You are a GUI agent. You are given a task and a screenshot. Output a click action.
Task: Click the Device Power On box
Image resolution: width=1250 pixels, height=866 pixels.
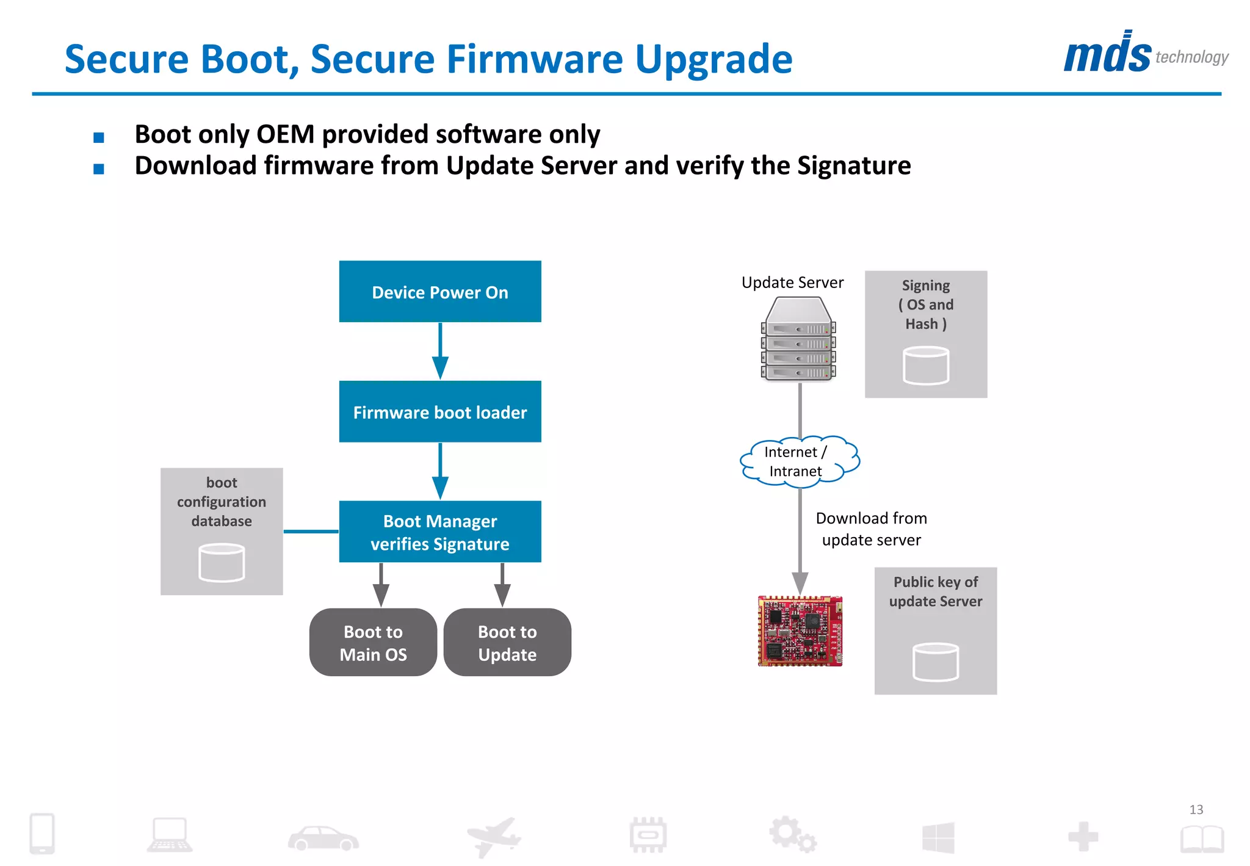[x=439, y=292]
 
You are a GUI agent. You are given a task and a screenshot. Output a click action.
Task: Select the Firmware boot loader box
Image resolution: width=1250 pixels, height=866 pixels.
[x=439, y=411]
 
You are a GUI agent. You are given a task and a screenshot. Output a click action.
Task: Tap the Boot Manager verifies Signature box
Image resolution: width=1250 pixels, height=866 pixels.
[x=439, y=532]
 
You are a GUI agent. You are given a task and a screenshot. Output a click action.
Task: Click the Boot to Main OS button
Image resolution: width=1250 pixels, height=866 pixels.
[x=373, y=642]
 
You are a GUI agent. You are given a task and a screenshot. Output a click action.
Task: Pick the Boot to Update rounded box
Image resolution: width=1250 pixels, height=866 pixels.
[x=507, y=642]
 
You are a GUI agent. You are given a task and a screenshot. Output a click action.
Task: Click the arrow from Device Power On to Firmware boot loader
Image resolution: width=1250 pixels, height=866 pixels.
[x=440, y=351]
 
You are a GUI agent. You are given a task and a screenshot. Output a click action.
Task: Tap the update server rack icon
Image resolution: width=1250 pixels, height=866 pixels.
[x=798, y=339]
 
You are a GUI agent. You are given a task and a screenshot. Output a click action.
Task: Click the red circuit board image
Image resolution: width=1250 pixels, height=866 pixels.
[x=800, y=631]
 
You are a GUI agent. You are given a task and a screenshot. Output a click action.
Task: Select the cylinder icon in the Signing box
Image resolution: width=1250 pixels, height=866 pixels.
[x=925, y=366]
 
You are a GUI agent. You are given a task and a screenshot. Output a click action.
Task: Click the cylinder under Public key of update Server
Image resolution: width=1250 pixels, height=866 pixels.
[x=935, y=662]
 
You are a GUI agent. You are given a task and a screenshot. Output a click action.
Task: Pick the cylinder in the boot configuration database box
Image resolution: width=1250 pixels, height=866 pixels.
[x=222, y=563]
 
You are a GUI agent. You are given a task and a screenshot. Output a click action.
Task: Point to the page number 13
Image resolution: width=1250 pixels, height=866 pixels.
[x=1196, y=809]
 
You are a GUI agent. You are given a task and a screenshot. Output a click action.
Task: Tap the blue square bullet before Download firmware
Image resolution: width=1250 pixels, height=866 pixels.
[x=99, y=168]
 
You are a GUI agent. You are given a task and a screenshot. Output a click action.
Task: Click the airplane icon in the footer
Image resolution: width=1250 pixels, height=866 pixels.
[x=494, y=836]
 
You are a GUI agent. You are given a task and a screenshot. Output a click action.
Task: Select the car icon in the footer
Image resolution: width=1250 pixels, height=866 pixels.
[x=323, y=838]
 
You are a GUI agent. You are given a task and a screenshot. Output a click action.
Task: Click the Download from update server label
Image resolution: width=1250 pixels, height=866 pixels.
[x=871, y=529]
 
